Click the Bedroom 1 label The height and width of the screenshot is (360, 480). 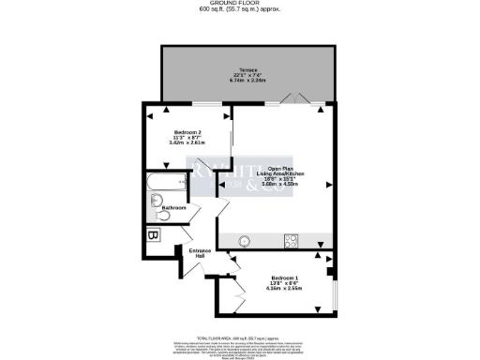[284, 278]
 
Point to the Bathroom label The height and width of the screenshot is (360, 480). [175, 207]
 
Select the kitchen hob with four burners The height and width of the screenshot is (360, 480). [291, 240]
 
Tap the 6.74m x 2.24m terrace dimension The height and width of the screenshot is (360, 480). [249, 81]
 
